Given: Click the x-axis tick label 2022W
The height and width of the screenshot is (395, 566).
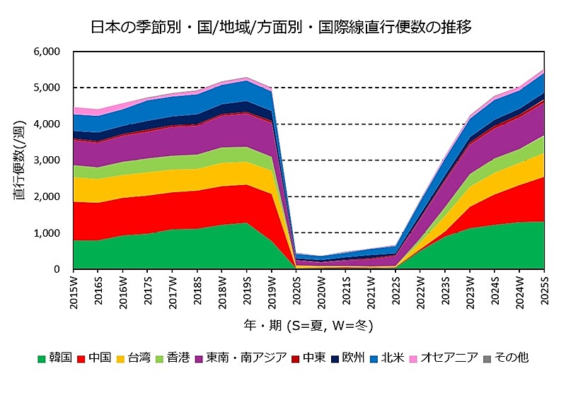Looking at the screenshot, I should (x=421, y=291).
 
